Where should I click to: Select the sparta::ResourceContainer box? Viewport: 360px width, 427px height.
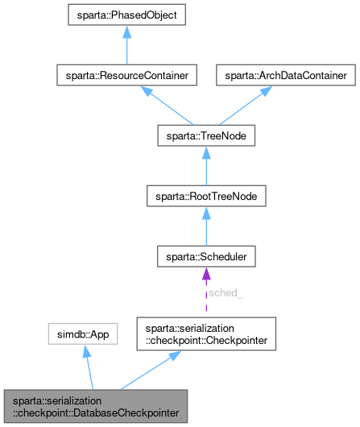point(123,75)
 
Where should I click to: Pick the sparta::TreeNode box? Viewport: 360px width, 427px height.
point(205,136)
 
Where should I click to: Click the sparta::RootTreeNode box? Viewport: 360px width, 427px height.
point(205,197)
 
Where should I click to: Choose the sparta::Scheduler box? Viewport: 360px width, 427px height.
point(205,257)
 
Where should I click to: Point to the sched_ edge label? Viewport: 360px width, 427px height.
point(226,293)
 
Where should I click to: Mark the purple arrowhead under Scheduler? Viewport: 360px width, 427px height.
point(205,275)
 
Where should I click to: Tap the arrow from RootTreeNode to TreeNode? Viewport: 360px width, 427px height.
point(205,167)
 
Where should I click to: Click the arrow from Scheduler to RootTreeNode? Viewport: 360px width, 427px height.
point(205,227)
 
